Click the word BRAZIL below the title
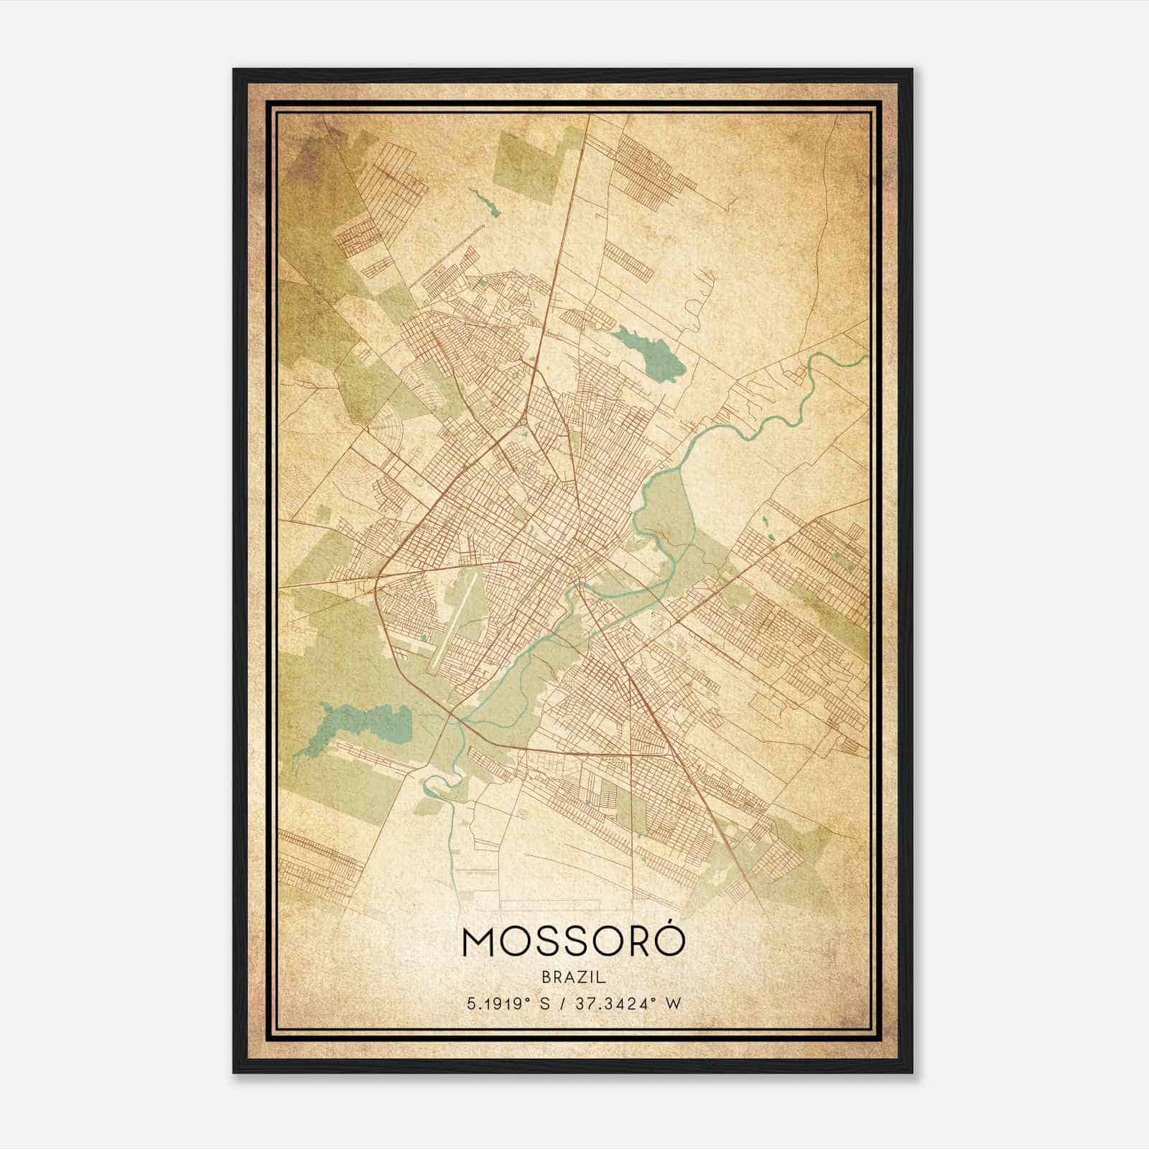574,977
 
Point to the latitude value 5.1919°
496,1003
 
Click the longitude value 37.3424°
619,1003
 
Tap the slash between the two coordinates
561,1003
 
